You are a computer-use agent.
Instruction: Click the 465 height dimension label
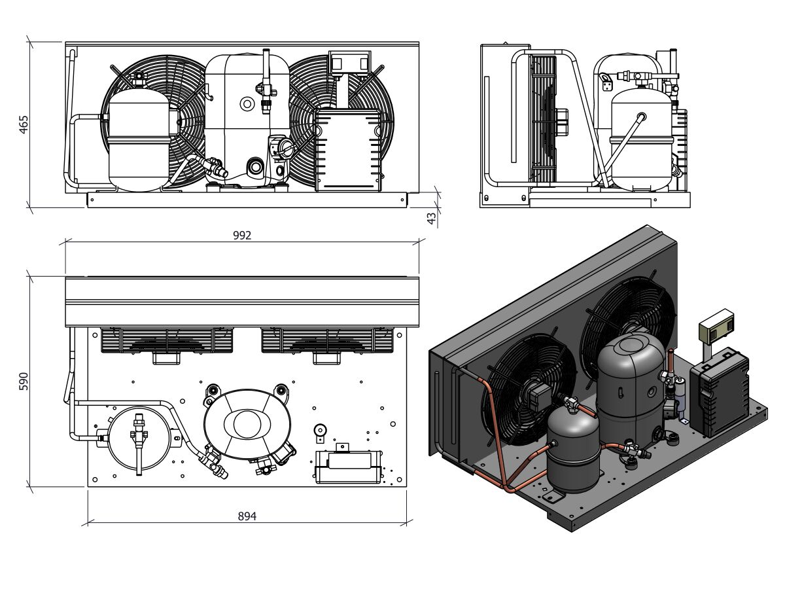pyautogui.click(x=24, y=125)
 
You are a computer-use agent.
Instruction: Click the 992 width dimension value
pyautogui.click(x=242, y=236)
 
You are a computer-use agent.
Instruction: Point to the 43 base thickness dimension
pyautogui.click(x=432, y=219)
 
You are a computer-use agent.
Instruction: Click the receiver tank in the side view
pyautogui.click(x=641, y=137)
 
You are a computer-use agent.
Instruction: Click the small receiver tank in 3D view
pyautogui.click(x=573, y=452)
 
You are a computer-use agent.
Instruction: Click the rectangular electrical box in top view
pyautogui.click(x=348, y=466)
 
